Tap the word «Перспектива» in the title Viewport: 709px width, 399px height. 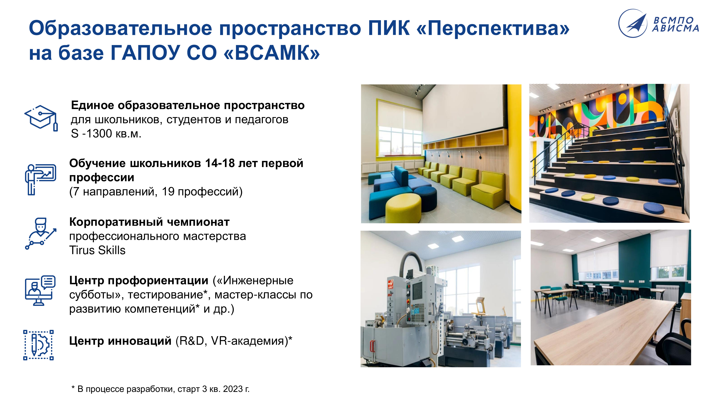[493, 28]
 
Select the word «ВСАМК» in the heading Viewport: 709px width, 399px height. [272, 53]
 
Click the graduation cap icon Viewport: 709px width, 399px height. [41, 118]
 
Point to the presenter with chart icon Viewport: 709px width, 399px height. [40, 179]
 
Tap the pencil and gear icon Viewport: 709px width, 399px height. [38, 345]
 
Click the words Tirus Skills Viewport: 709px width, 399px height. [97, 250]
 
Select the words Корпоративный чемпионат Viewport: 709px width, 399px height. [149, 222]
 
